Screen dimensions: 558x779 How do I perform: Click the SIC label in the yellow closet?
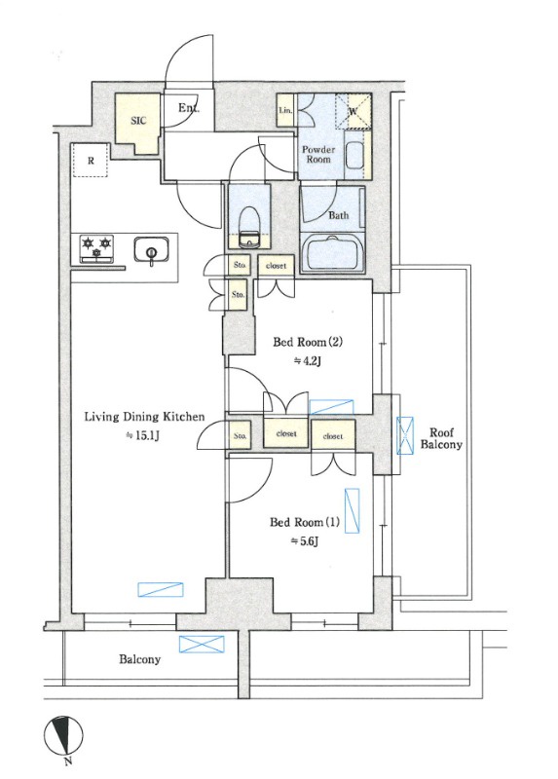pos(138,120)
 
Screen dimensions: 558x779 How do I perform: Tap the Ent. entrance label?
pos(189,107)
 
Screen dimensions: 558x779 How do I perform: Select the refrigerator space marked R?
pos(91,160)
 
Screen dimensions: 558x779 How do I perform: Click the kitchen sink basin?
pos(151,249)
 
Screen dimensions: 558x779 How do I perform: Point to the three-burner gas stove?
pos(96,248)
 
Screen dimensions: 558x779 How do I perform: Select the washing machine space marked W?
pos(353,111)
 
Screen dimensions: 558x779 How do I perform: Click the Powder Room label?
pos(318,155)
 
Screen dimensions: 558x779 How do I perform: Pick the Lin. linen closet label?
pos(285,110)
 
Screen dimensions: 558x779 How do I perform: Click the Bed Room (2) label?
pos(308,343)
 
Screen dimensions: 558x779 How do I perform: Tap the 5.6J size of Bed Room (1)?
pos(304,541)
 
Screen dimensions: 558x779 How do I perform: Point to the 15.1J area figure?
pos(143,435)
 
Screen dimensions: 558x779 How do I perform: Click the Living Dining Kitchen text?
pos(144,417)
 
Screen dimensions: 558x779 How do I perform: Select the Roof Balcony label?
pos(441,439)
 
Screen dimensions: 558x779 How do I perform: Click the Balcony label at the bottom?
pos(139,659)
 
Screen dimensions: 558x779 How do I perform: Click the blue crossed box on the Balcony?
pos(202,645)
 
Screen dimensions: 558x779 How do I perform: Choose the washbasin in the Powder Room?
pos(353,156)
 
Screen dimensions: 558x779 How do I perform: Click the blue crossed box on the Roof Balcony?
pos(405,435)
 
